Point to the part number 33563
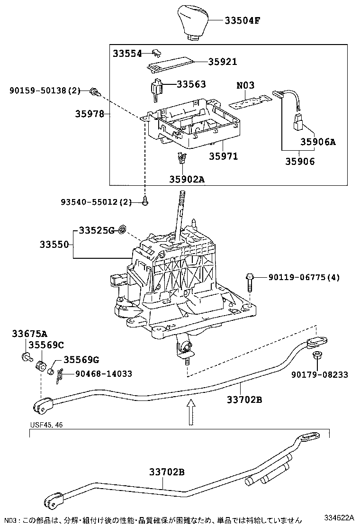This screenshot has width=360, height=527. pos(191,84)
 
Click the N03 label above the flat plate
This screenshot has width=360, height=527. pos(245,85)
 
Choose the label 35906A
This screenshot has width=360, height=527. pos(317,142)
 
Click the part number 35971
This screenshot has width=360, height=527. pos(224,156)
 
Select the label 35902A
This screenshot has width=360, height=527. pos(188,179)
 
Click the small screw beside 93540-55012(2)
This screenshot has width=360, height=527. pos(145,203)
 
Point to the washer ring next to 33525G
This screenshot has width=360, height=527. pos(122,230)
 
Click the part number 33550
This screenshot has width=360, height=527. pos(54,245)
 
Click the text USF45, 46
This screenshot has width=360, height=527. pos(46,425)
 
